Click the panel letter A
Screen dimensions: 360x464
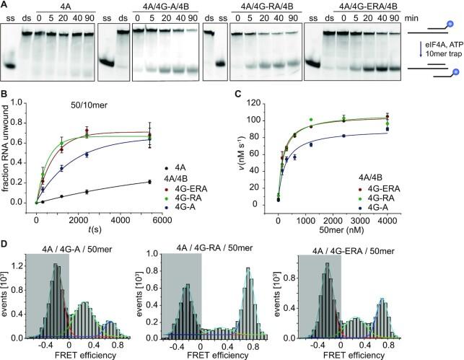click(x=5, y=4)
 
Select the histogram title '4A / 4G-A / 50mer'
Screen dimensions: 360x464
click(x=77, y=239)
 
